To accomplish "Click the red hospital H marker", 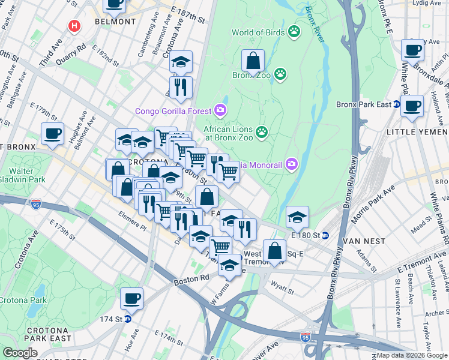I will point(74,26).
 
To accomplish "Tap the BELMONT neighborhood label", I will point(115,22).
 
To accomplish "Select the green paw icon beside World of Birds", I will point(294,31).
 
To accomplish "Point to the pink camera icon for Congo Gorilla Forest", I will point(220,110).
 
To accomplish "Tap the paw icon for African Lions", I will point(261,131).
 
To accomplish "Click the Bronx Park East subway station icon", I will point(397,104).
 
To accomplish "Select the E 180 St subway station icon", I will point(325,235).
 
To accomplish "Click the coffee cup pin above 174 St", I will point(132,298).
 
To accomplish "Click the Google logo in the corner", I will point(20,353).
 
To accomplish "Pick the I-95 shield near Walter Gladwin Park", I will point(36,203).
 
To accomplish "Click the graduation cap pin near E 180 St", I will point(297,217).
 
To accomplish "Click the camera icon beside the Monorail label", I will point(292,163).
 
